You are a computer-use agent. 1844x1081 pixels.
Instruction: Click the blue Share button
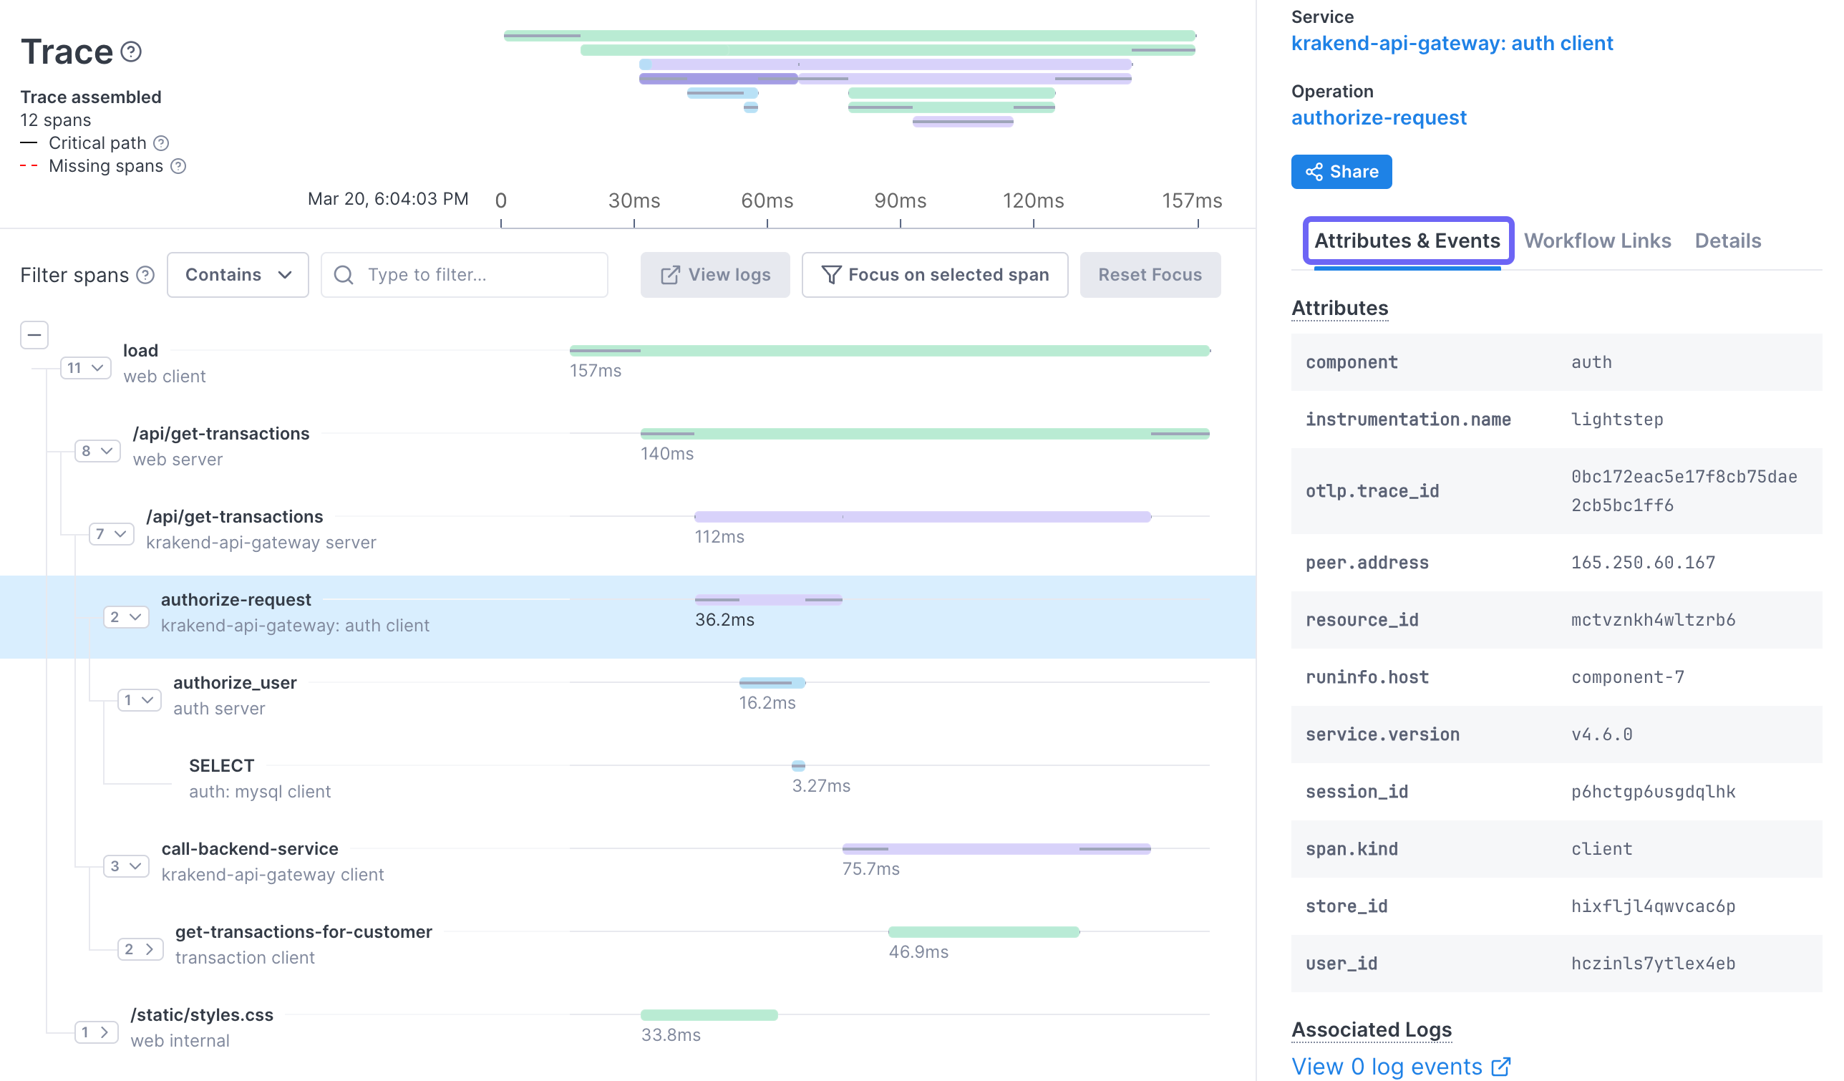1341,172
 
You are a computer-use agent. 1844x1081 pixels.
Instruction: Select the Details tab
1727,241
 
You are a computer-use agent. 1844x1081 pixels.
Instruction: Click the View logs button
714,275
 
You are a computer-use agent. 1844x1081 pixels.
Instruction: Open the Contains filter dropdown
237,275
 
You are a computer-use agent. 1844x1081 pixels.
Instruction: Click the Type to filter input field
475,275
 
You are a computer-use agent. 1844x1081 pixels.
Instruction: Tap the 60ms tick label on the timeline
766,200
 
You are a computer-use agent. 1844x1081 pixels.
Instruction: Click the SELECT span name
221,765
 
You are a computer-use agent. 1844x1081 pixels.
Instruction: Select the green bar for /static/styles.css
709,1015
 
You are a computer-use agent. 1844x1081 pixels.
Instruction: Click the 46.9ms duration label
918,952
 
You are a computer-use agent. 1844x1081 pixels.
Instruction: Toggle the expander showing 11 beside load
85,368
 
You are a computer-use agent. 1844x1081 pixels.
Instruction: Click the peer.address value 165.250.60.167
1642,563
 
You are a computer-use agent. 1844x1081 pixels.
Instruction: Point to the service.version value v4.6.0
1601,735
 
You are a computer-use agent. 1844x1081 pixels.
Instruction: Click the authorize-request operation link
1378,118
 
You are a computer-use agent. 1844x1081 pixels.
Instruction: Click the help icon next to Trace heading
131,52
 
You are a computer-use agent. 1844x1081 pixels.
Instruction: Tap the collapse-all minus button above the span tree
34,335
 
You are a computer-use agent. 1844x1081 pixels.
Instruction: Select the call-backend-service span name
250,849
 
